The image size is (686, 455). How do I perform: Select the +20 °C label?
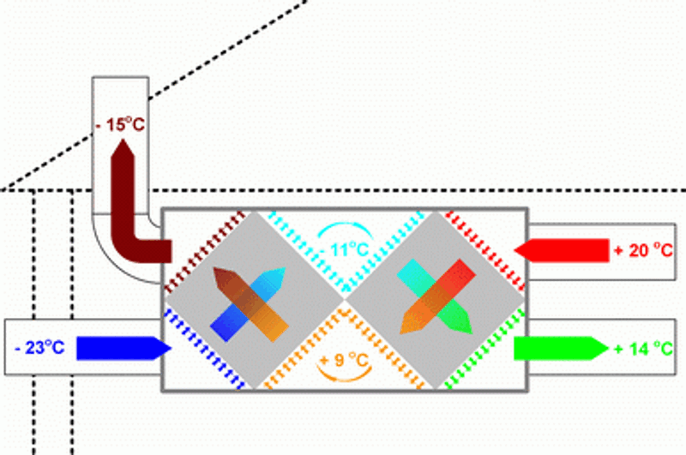tap(644, 250)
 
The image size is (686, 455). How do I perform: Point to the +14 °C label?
tap(644, 349)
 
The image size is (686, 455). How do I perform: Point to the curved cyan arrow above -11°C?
tap(344, 230)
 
